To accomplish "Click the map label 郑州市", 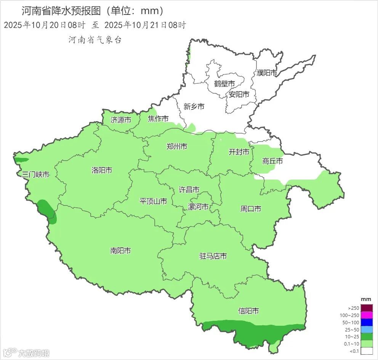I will (x=177, y=146).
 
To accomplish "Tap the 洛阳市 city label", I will (x=102, y=170).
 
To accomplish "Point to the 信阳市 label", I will (x=248, y=311).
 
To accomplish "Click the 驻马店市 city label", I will (x=213, y=256).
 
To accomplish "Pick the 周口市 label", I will (x=251, y=209).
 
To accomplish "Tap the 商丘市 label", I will (x=272, y=161).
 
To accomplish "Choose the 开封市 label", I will (x=239, y=152).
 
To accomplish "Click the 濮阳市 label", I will (x=267, y=73).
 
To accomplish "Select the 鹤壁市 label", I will (x=224, y=84).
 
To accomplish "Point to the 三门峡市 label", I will (x=36, y=175).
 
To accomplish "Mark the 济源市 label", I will (x=121, y=120).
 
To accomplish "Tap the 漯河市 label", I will (x=199, y=207).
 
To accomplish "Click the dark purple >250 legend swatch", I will (x=367, y=308).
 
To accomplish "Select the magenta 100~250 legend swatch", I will (x=367, y=315).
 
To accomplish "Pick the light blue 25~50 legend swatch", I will (x=367, y=330).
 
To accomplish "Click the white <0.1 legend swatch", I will (x=367, y=351).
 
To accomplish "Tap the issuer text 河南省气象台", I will (x=95, y=40).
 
